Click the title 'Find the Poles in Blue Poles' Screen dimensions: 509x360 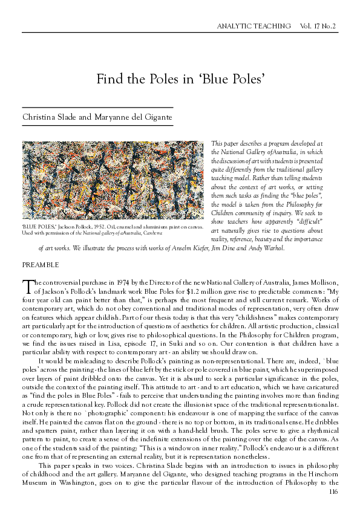(180, 79)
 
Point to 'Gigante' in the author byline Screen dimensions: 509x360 (157, 116)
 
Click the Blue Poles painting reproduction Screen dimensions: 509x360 (113, 180)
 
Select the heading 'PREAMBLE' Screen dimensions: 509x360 (41, 265)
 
